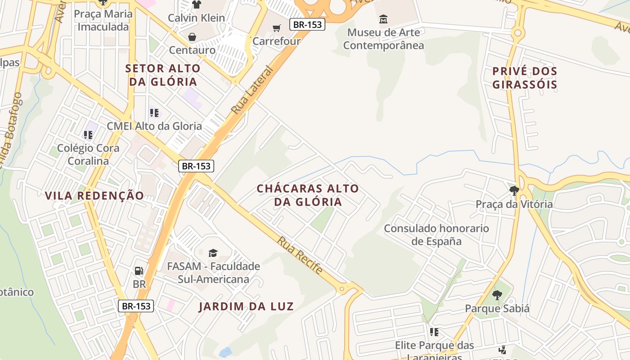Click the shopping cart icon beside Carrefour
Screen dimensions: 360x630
tap(277, 28)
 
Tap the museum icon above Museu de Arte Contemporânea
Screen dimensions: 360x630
tap(383, 19)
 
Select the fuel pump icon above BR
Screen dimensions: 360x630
tap(139, 270)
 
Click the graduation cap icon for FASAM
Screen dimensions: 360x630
tap(213, 253)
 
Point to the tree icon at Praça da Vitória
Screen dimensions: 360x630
tap(514, 191)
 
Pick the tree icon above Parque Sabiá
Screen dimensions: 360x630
tap(497, 295)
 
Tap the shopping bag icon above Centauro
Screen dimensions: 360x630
tap(192, 36)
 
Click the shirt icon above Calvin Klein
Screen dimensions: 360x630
tap(196, 5)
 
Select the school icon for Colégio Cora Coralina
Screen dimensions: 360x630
tap(88, 135)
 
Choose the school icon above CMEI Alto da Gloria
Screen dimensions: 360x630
tap(154, 112)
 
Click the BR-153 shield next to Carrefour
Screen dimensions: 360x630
tap(307, 24)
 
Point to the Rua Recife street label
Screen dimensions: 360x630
tap(300, 255)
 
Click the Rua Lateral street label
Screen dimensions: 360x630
tap(252, 90)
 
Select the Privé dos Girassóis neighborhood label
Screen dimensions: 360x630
tap(525, 78)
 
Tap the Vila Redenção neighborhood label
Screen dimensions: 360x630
tap(94, 196)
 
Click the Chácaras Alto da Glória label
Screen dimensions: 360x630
tap(308, 195)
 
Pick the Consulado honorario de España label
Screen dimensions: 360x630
tap(436, 234)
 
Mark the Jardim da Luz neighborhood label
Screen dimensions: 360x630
tap(246, 307)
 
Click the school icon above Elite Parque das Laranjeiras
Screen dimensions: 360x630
tap(434, 332)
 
